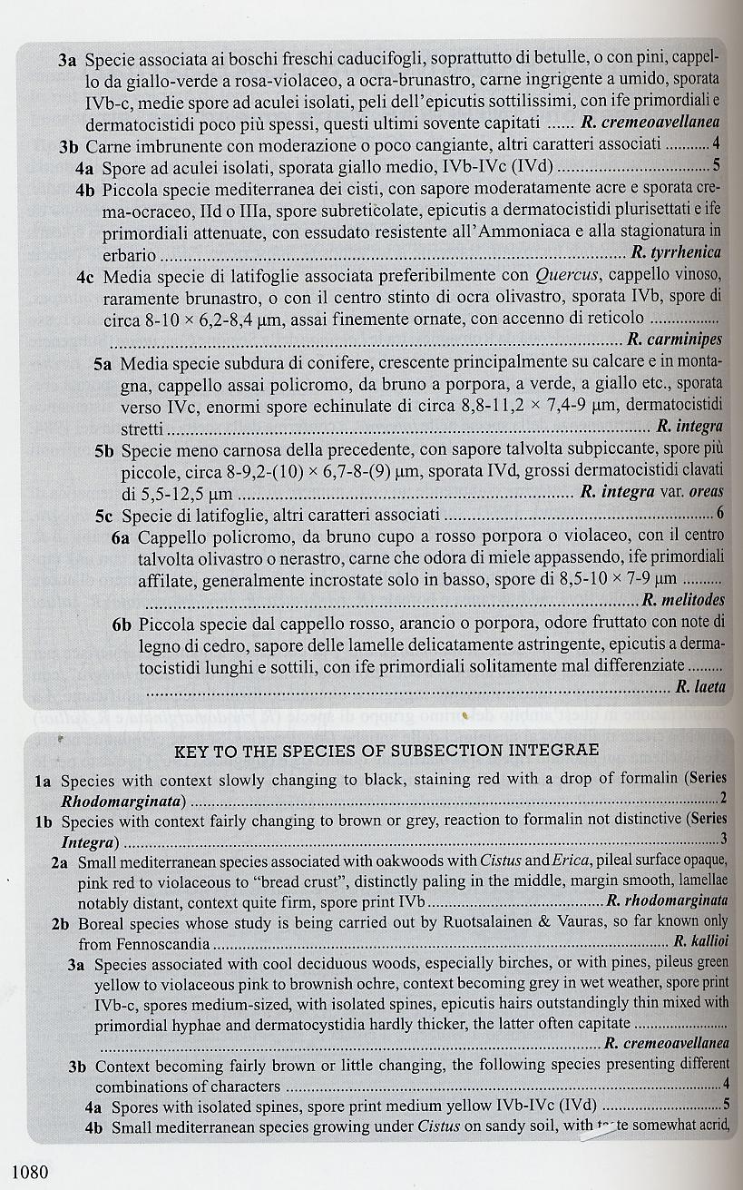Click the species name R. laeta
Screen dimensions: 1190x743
coord(700,687)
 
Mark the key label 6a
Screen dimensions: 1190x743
coord(122,537)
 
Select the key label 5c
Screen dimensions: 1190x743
coord(106,516)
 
